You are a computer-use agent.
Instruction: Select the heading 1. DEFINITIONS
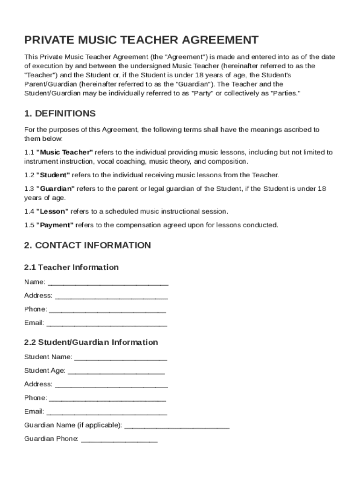tap(60, 114)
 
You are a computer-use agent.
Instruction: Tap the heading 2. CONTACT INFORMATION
tap(87, 246)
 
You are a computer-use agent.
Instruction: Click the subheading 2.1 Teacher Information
tap(72, 267)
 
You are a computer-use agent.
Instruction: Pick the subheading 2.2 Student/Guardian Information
tap(91, 342)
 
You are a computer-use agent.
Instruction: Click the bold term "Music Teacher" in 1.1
tap(65, 152)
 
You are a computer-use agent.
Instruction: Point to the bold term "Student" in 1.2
tap(53, 175)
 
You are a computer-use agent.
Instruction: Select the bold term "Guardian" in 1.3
tap(56, 189)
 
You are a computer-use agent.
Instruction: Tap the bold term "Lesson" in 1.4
tap(52, 211)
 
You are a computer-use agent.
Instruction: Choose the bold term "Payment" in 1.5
tap(55, 225)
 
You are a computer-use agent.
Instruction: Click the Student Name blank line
tap(121, 358)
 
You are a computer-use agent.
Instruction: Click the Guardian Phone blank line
tap(119, 440)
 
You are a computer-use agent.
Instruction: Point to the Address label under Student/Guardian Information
tap(38, 384)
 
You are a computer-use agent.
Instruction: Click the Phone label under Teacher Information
tap(36, 309)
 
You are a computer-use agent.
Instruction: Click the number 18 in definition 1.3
tap(322, 189)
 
